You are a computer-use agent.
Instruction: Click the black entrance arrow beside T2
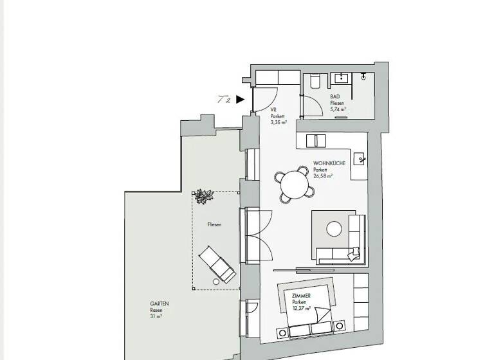click(x=240, y=100)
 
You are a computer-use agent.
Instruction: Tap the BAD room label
click(x=334, y=97)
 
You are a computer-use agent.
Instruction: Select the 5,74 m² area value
click(x=338, y=109)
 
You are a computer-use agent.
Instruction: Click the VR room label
click(x=273, y=110)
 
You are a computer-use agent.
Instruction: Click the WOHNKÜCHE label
click(x=329, y=163)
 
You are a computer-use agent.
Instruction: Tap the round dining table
click(x=295, y=184)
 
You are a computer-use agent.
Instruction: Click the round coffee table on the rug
click(x=334, y=228)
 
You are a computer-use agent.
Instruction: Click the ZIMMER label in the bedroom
click(x=301, y=296)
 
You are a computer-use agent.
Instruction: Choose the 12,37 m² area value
click(x=301, y=308)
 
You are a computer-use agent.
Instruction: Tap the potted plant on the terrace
click(x=205, y=196)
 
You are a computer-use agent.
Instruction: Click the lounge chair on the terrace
click(x=217, y=264)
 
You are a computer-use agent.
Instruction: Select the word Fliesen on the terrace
click(x=214, y=224)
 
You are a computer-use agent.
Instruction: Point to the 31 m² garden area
click(x=156, y=316)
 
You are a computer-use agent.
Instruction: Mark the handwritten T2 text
click(x=224, y=100)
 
